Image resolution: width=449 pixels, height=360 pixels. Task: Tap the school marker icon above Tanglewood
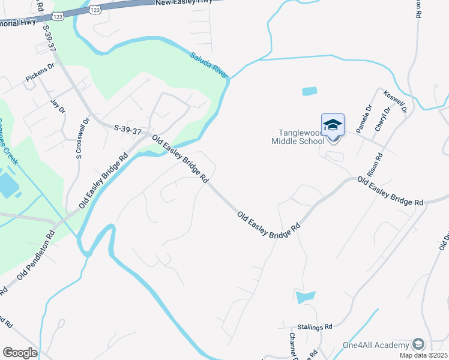[x=333, y=125]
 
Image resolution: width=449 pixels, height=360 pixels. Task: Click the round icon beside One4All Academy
[x=418, y=344]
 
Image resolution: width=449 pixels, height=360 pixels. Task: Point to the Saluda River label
[x=209, y=65]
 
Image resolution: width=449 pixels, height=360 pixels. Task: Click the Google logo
[x=20, y=353]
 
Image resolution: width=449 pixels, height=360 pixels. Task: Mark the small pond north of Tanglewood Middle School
[x=309, y=92]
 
